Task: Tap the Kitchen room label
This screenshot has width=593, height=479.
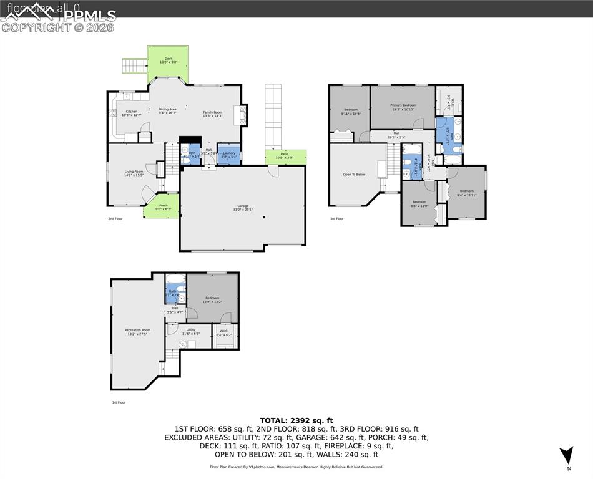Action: (132, 112)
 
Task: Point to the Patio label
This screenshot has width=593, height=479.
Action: (284, 155)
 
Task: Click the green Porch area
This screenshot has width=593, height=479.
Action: (161, 207)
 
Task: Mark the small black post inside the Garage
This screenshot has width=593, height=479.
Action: (264, 217)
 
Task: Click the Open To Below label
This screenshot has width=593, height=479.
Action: (354, 175)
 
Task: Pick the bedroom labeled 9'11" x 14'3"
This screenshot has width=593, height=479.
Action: (350, 112)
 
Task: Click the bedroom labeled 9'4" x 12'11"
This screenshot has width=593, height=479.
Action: (467, 193)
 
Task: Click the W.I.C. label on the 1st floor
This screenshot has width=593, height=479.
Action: (223, 332)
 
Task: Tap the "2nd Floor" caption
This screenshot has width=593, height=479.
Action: (115, 219)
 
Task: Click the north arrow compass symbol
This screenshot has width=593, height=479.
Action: (566, 455)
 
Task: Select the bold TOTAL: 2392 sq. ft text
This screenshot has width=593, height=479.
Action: (296, 420)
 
